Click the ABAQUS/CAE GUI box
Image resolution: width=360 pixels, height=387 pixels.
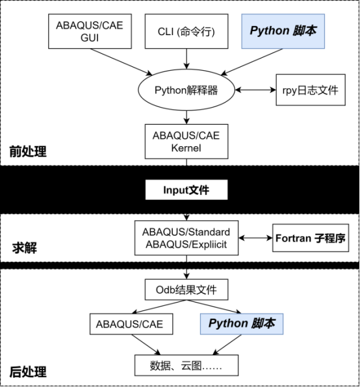coord(90,31)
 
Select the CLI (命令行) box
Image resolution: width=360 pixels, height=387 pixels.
coord(186,31)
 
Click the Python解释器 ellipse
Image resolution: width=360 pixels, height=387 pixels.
coord(186,90)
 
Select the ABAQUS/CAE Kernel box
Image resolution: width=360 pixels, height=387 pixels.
coord(186,142)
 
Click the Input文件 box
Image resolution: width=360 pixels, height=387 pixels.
coord(186,190)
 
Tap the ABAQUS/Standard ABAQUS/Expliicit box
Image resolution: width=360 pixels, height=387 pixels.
coord(186,238)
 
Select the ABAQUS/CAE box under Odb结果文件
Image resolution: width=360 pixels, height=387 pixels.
coord(129,323)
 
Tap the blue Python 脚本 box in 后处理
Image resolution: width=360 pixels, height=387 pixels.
coord(241,323)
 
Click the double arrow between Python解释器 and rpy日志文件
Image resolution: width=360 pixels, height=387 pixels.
coord(256,90)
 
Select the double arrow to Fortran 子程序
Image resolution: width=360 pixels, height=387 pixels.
coord(255,238)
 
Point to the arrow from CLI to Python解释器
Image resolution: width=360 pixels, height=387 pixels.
coord(186,59)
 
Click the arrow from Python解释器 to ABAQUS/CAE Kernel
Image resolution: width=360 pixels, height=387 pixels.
coord(186,116)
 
